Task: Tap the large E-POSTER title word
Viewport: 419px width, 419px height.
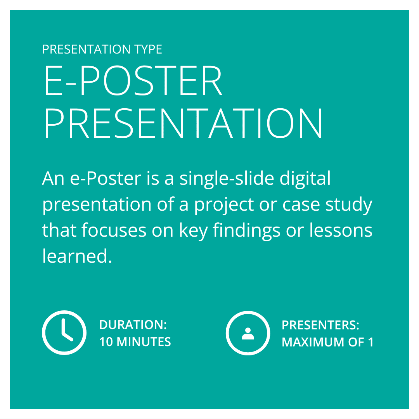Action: (x=133, y=80)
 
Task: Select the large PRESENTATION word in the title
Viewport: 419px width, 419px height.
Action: (x=184, y=123)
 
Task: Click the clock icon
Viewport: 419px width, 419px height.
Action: (x=64, y=333)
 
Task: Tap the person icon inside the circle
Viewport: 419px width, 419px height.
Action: (x=248, y=334)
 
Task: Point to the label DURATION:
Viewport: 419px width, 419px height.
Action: (x=133, y=325)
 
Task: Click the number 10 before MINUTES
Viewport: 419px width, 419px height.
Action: (x=106, y=342)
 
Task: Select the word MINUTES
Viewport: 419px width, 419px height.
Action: (x=144, y=342)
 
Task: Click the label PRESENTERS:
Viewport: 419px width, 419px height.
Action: (x=320, y=325)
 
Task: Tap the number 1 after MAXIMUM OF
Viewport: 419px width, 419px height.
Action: (x=371, y=342)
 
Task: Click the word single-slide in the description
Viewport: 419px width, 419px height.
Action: (x=227, y=179)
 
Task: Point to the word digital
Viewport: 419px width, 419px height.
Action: (x=305, y=179)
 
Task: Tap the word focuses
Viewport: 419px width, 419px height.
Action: (x=114, y=230)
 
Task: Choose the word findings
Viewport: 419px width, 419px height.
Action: (x=246, y=231)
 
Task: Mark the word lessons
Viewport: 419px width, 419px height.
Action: (x=341, y=230)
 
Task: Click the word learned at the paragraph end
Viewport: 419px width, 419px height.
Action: (x=77, y=256)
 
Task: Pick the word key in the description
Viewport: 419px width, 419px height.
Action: (x=193, y=231)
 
